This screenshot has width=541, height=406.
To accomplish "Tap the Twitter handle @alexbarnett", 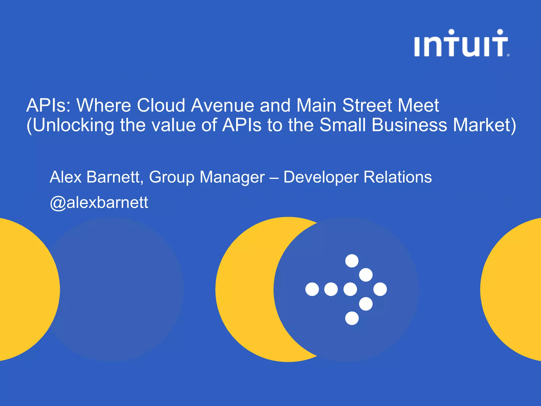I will pos(99,202).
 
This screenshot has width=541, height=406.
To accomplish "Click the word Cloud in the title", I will pos(161,105).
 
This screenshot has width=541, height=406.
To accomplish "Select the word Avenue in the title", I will pos(223,105).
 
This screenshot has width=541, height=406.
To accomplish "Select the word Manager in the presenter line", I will pos(232,177).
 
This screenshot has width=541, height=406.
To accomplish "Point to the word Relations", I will pos(398,177).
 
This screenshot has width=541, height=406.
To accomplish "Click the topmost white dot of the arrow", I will pos(352,261).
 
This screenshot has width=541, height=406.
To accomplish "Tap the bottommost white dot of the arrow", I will pos(352,318).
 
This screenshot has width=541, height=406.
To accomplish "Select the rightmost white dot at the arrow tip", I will pos(380,289).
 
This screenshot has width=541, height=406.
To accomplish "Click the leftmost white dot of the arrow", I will pos(312,289).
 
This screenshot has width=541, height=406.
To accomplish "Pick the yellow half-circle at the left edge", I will pos(26,289).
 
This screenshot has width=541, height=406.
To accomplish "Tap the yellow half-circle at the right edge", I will pos(515,289).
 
